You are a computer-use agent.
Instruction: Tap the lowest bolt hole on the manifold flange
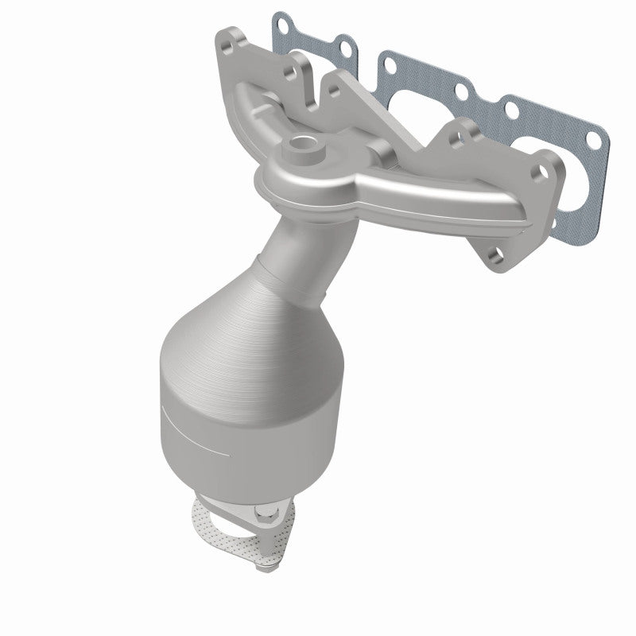[496, 256]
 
